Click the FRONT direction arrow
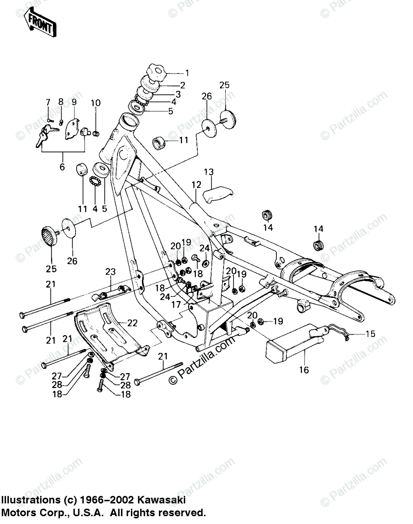tap(41, 23)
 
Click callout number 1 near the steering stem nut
tap(187, 73)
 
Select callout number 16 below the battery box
tap(304, 370)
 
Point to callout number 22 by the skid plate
tap(133, 323)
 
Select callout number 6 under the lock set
tap(62, 166)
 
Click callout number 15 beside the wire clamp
tap(370, 334)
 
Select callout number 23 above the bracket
tap(110, 272)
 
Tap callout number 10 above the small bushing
tap(96, 103)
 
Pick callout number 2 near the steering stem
tap(182, 85)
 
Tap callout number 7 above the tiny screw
tap(48, 102)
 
